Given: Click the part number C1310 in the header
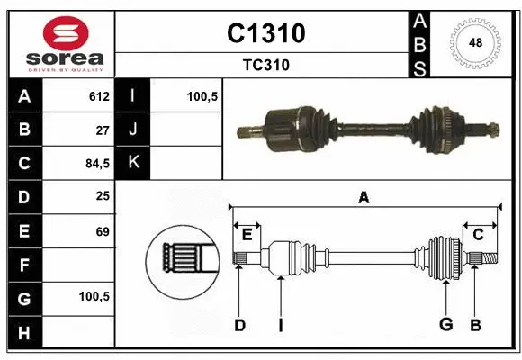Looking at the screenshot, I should pyautogui.click(x=265, y=33).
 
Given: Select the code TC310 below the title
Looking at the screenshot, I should pyautogui.click(x=265, y=65).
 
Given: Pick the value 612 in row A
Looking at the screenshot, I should pyautogui.click(x=99, y=95).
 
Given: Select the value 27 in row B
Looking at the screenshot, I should pyautogui.click(x=102, y=129).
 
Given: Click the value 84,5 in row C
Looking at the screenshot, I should pyautogui.click(x=96, y=163).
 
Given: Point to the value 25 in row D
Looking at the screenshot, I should pyautogui.click(x=102, y=196).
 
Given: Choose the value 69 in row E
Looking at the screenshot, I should pyautogui.click(x=102, y=230).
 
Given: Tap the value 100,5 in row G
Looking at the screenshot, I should pyautogui.click(x=94, y=296).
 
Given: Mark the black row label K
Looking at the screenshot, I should pyautogui.click(x=133, y=163).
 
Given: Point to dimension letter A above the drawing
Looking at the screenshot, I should pyautogui.click(x=364, y=197).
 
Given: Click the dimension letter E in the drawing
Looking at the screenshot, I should pyautogui.click(x=247, y=234).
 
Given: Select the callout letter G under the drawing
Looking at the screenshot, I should pyautogui.click(x=445, y=325).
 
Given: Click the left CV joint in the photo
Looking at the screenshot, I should pyautogui.click(x=283, y=125).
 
